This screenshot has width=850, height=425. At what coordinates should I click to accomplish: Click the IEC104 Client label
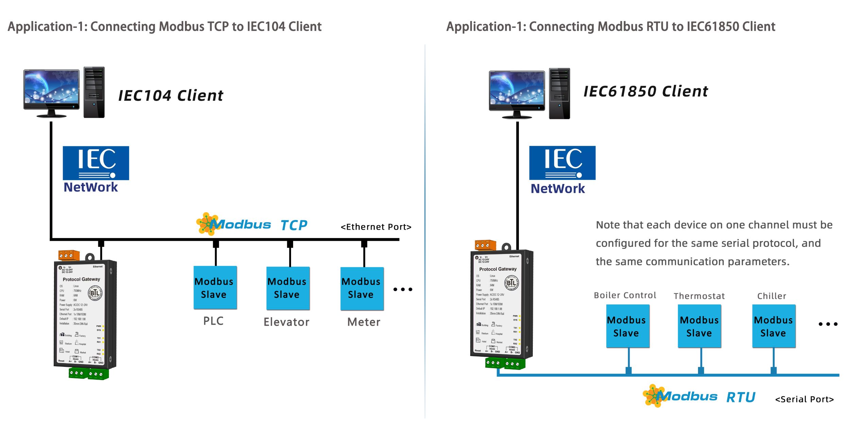click(171, 96)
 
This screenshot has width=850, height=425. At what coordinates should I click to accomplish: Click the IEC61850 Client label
click(646, 91)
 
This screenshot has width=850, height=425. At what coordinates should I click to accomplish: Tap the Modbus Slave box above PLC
click(215, 288)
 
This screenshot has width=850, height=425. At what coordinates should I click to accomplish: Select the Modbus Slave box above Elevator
click(288, 288)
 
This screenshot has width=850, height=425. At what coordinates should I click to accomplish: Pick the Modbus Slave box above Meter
click(362, 288)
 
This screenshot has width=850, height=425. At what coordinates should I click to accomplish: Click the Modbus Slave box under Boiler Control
click(628, 326)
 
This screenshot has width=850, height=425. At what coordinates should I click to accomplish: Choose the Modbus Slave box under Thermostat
click(699, 326)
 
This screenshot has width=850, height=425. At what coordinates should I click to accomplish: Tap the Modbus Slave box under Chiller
click(773, 326)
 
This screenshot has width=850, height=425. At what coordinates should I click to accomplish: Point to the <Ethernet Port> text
click(376, 227)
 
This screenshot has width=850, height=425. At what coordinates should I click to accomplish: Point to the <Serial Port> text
click(804, 399)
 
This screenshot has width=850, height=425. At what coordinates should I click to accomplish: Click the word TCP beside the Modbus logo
click(294, 225)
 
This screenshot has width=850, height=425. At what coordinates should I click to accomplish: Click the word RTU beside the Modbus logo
click(741, 397)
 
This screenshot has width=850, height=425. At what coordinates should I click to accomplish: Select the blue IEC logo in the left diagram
click(96, 163)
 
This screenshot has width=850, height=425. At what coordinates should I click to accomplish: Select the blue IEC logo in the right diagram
click(562, 163)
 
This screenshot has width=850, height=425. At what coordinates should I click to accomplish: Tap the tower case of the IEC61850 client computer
click(559, 93)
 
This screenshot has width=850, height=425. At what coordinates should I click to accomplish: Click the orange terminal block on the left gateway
click(69, 255)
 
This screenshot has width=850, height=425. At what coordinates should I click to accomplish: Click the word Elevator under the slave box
click(287, 322)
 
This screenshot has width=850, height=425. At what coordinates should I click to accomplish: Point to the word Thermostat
click(699, 296)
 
